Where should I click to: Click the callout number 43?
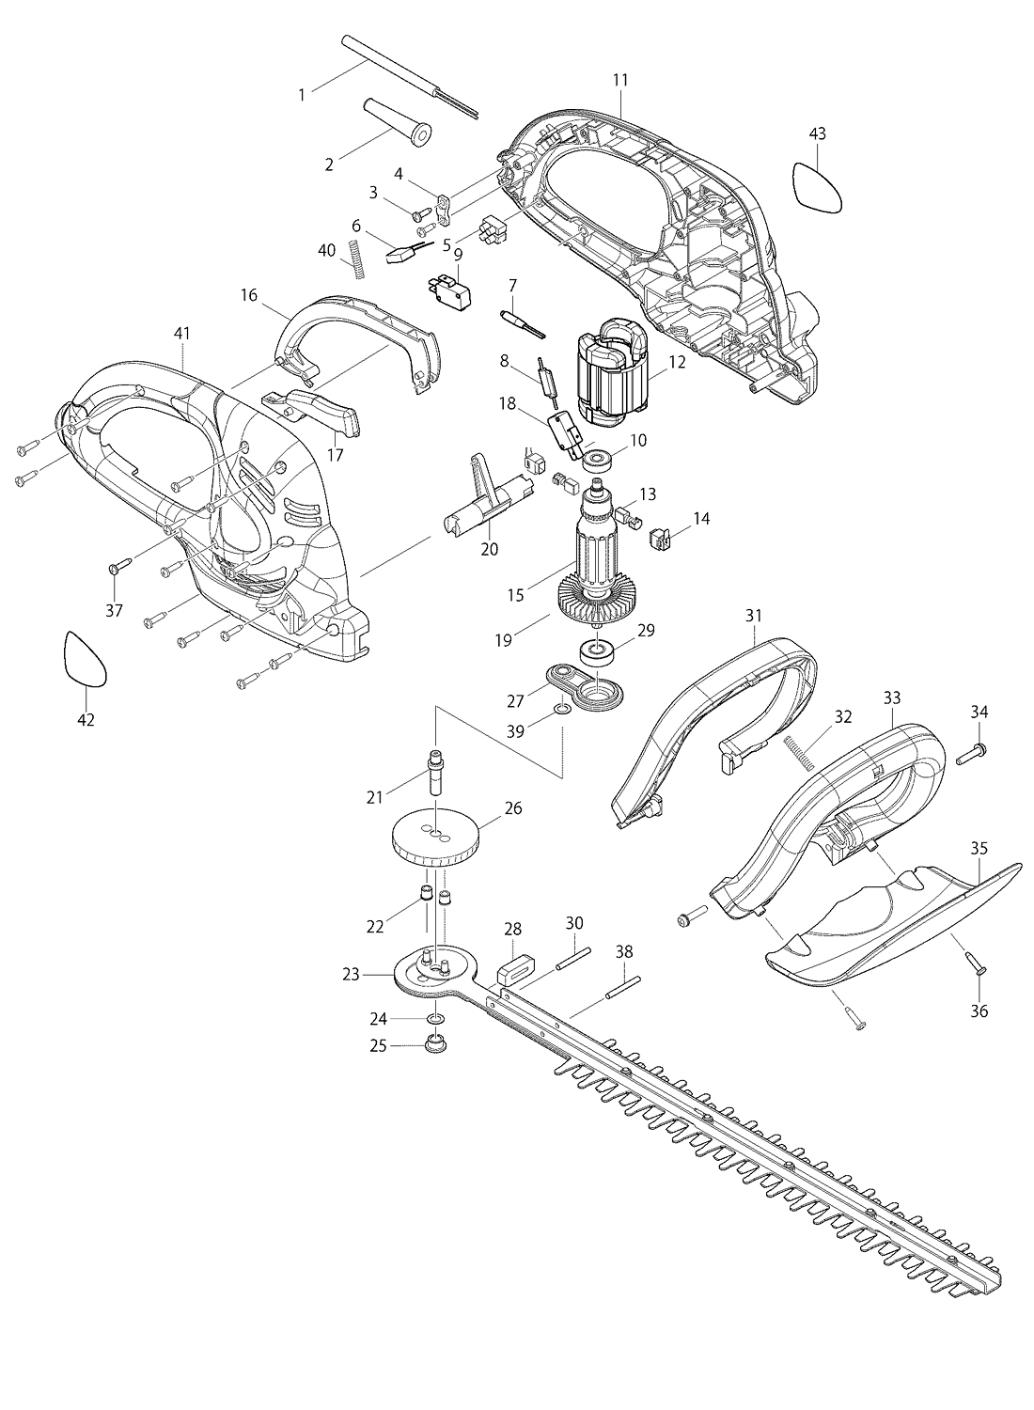click(817, 134)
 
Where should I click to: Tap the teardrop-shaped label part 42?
click(86, 657)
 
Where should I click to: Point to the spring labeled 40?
click(356, 258)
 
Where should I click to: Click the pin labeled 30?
click(573, 959)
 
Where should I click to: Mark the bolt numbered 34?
click(972, 751)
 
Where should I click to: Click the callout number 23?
click(351, 976)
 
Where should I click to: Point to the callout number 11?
click(620, 80)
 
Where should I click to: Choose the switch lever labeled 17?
click(324, 411)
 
